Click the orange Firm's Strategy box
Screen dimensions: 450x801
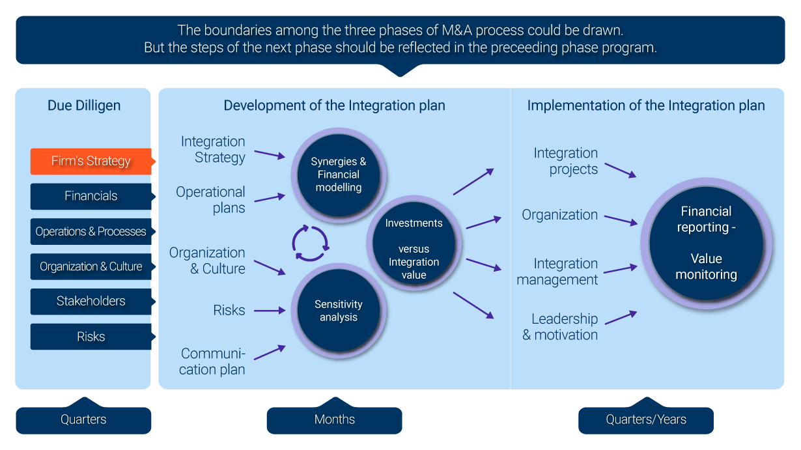coord(91,161)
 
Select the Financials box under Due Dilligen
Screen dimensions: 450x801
coord(91,196)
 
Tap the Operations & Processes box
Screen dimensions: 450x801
coord(91,231)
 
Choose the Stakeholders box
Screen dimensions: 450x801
coord(91,302)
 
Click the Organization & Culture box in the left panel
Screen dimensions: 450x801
coord(91,266)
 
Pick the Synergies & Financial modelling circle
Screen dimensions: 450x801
coord(338,175)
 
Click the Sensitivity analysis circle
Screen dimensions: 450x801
coord(338,311)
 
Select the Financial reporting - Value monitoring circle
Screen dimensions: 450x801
coord(706,243)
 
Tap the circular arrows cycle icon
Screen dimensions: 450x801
coord(311,243)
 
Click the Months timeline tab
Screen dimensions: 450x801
coord(334,419)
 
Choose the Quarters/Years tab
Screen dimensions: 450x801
coord(645,419)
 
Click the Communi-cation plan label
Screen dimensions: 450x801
coord(212,361)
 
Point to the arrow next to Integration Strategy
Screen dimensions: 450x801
coord(270,154)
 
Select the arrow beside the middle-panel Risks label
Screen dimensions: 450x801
coord(270,311)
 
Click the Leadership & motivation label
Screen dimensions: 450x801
coord(560,327)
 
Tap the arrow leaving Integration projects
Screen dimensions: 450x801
coord(619,169)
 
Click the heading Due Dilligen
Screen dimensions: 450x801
coord(83,105)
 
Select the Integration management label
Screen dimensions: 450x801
coord(557,272)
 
